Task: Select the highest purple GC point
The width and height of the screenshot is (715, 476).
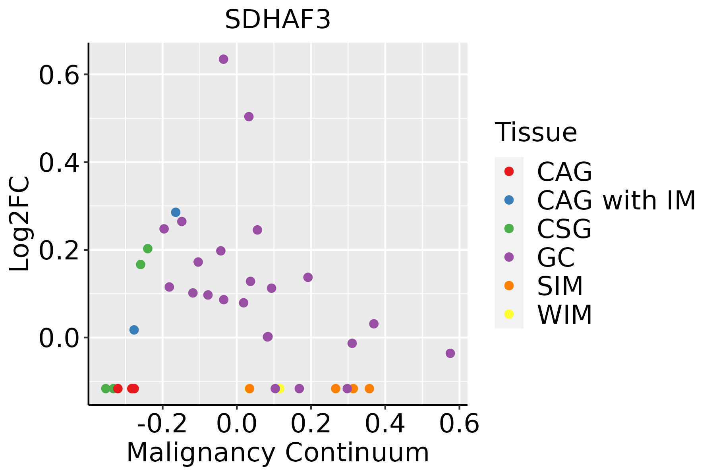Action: (x=224, y=59)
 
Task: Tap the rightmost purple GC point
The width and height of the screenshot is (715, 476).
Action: (x=450, y=353)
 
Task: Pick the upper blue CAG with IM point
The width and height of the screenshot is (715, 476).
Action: (x=176, y=212)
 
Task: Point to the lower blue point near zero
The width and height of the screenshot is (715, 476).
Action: (x=134, y=330)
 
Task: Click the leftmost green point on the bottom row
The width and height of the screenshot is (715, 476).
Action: (x=106, y=388)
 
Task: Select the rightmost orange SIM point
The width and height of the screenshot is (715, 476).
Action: (x=369, y=388)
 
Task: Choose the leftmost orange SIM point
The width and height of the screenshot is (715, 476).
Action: (x=249, y=388)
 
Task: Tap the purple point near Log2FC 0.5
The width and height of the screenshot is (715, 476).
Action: (x=249, y=117)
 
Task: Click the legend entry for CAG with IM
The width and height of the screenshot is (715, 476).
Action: (x=616, y=200)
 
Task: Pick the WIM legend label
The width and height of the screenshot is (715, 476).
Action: (x=564, y=315)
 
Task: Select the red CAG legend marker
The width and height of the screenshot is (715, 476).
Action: (x=509, y=171)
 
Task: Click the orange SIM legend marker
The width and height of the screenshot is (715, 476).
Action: (x=509, y=286)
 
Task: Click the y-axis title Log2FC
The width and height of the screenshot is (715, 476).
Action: (x=20, y=224)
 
